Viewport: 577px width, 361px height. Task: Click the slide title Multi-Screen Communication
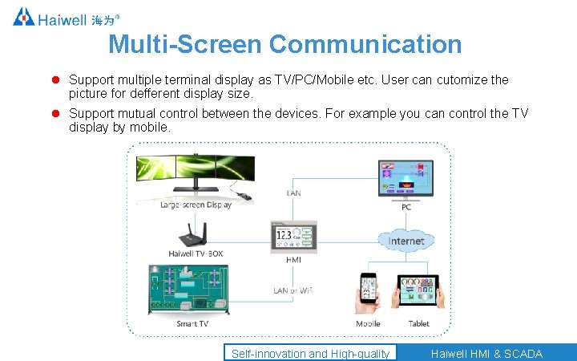click(284, 44)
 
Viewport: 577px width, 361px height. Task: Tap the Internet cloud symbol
click(406, 241)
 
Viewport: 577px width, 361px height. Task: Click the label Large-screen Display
click(196, 205)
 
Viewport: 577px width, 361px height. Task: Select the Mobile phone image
click(368, 294)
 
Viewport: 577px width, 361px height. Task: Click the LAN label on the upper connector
click(294, 193)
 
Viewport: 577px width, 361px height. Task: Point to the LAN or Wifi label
click(293, 290)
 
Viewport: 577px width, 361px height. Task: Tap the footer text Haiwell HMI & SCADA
click(486, 354)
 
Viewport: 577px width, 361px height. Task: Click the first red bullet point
click(57, 80)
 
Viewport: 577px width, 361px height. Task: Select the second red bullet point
click(57, 114)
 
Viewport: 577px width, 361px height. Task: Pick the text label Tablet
click(419, 324)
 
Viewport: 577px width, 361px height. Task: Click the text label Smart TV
click(192, 324)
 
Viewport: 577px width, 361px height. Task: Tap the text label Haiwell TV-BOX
click(196, 254)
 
